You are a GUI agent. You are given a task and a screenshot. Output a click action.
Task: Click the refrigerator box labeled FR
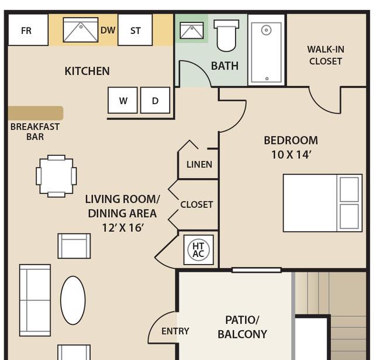coord(28,30)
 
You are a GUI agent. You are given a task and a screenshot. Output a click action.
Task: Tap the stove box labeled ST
coord(135,30)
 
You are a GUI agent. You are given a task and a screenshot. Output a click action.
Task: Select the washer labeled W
coord(123,100)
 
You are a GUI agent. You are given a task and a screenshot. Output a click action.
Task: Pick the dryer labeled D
coord(155,100)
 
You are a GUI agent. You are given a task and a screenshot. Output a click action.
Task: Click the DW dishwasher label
coord(108,30)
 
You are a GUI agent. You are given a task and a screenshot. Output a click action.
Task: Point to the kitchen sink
coord(81,30)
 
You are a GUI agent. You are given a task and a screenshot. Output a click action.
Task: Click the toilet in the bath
coord(226,36)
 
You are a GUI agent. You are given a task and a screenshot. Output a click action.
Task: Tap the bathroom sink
coord(192,30)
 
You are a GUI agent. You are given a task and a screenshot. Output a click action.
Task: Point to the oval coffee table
coord(72,300)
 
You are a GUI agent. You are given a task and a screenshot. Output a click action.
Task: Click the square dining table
coord(56,176)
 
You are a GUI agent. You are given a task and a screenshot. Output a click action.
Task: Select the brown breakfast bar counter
coord(36,113)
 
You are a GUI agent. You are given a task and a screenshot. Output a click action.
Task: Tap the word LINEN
coord(199,164)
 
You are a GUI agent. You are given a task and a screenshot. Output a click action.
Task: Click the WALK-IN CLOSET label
coord(326,55)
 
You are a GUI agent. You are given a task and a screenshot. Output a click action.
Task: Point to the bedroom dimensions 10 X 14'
coord(291,155)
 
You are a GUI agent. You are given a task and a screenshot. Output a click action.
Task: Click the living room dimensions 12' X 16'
coord(123,228)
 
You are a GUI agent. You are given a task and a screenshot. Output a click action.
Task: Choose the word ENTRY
coord(175,331)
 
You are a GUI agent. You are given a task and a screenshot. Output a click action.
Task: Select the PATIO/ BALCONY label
coord(242,327)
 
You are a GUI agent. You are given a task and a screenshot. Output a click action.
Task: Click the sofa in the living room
coord(35,300)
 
